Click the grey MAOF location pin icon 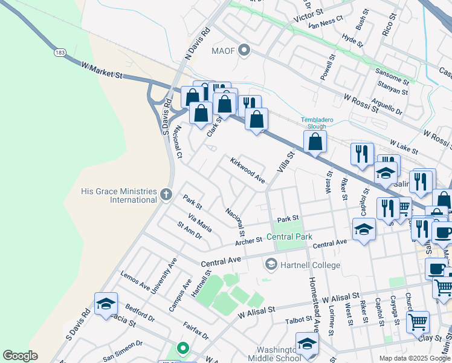[x=244, y=50]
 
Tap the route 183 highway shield [x=60, y=53]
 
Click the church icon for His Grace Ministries [x=167, y=195]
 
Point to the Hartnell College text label [x=310, y=265]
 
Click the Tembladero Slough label [x=317, y=123]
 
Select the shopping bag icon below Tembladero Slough [x=315, y=142]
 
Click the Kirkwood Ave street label [x=247, y=171]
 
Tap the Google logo [x=20, y=356]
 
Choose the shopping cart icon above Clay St [x=418, y=322]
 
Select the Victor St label [x=309, y=16]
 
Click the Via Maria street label [x=200, y=223]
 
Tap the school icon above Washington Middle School [x=306, y=344]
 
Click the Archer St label [x=249, y=240]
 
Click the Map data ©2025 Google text [x=415, y=358]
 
